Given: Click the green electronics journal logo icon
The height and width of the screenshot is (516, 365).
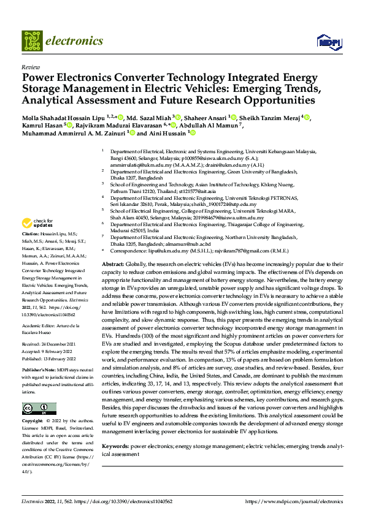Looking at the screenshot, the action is [x=33, y=40].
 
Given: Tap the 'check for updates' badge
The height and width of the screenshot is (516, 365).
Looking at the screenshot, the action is [x=37, y=223].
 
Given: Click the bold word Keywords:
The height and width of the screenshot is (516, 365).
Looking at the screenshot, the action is [x=115, y=447].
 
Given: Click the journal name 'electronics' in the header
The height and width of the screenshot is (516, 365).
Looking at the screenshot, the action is [x=76, y=41].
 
